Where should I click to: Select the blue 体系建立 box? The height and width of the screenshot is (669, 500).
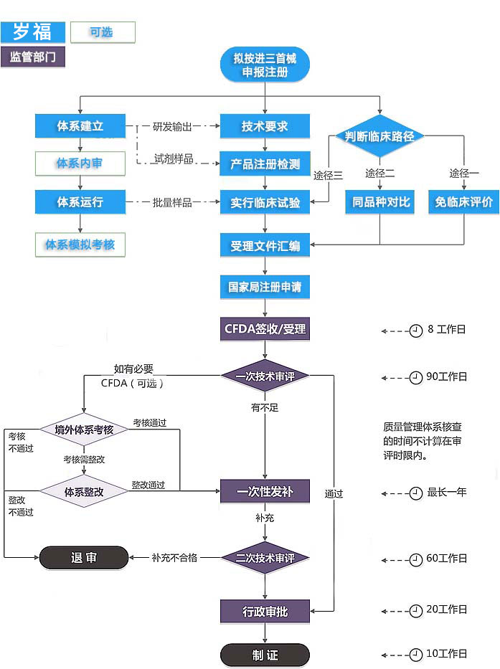tap(80, 126)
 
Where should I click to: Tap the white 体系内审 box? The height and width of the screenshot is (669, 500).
tap(80, 163)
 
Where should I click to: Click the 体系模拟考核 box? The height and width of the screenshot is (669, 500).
tap(80, 245)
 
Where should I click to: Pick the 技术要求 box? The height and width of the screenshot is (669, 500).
tap(265, 126)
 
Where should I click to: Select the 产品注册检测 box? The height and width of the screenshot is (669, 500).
tap(265, 163)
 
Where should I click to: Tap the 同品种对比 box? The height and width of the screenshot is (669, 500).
tap(380, 202)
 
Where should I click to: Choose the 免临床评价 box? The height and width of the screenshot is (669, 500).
tap(463, 202)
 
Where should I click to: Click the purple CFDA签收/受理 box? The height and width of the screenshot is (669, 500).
tap(265, 330)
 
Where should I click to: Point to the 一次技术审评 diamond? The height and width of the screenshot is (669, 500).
tap(265, 376)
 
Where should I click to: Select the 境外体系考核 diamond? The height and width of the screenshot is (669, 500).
tap(84, 430)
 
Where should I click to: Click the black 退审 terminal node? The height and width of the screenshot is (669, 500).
tap(84, 558)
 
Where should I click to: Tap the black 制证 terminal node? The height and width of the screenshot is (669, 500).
tap(265, 655)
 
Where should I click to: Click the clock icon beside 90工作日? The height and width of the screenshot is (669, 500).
tap(415, 377)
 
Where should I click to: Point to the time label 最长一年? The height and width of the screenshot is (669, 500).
tap(447, 493)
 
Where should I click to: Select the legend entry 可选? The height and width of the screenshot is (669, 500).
tap(103, 32)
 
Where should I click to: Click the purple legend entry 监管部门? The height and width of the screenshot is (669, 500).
tap(33, 57)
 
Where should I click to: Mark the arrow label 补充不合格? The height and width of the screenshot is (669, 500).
tap(174, 558)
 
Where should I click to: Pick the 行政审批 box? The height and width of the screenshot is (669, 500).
tap(265, 611)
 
